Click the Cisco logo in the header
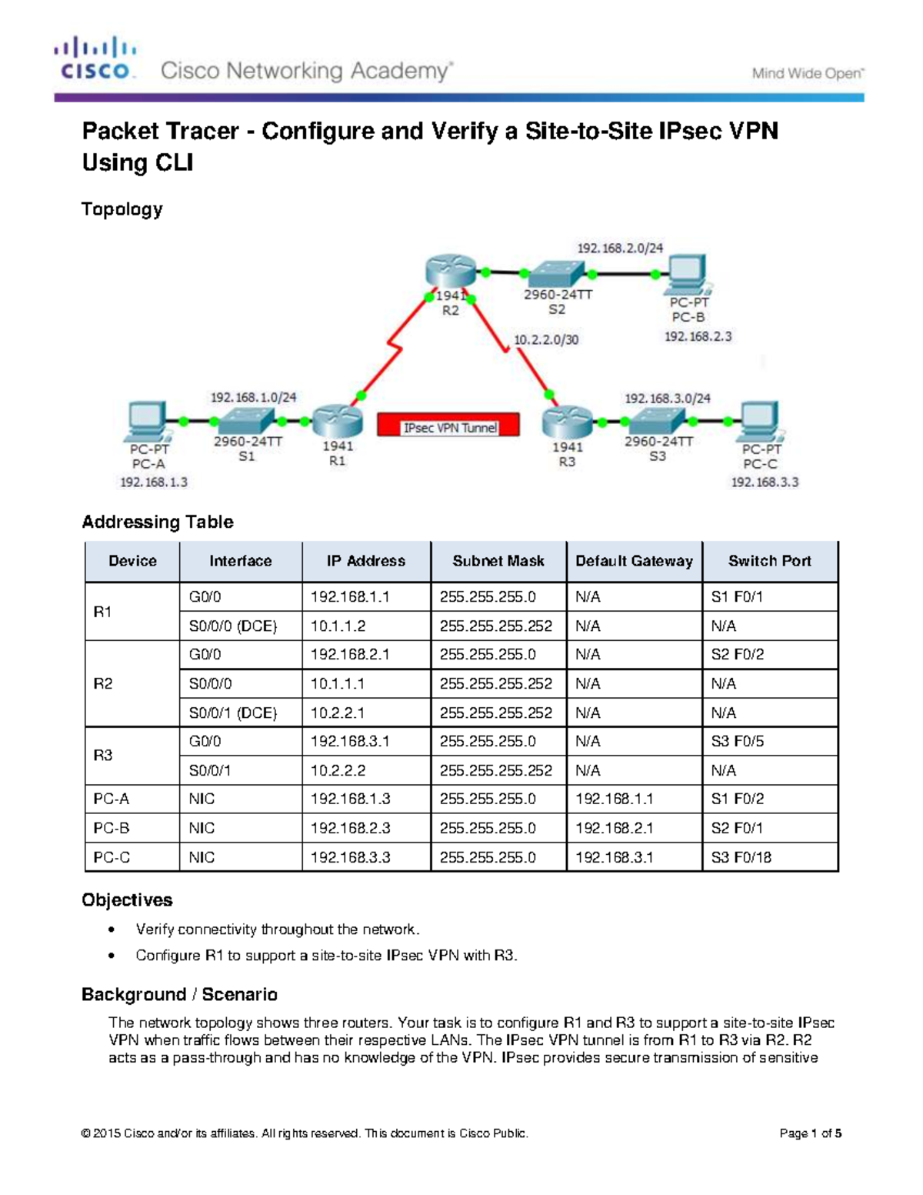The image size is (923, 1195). point(96,58)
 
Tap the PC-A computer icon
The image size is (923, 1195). point(147,420)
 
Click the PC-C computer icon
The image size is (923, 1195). point(759,420)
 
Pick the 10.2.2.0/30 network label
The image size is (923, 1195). point(546,339)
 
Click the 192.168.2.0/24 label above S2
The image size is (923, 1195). point(620,248)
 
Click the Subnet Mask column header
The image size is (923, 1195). point(498,561)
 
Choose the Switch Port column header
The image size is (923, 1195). point(769,561)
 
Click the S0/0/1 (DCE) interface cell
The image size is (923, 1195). point(233,713)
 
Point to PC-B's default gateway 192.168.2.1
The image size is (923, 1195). point(614,828)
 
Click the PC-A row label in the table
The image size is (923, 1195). point(112,799)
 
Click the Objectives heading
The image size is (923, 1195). point(127,900)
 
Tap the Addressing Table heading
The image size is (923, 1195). point(158,522)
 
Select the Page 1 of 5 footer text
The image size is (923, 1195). point(810,1133)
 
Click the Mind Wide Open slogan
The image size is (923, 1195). point(808,74)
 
